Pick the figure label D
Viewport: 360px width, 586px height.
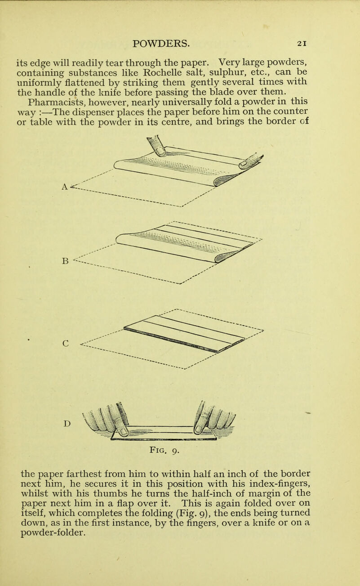tap(66, 410)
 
